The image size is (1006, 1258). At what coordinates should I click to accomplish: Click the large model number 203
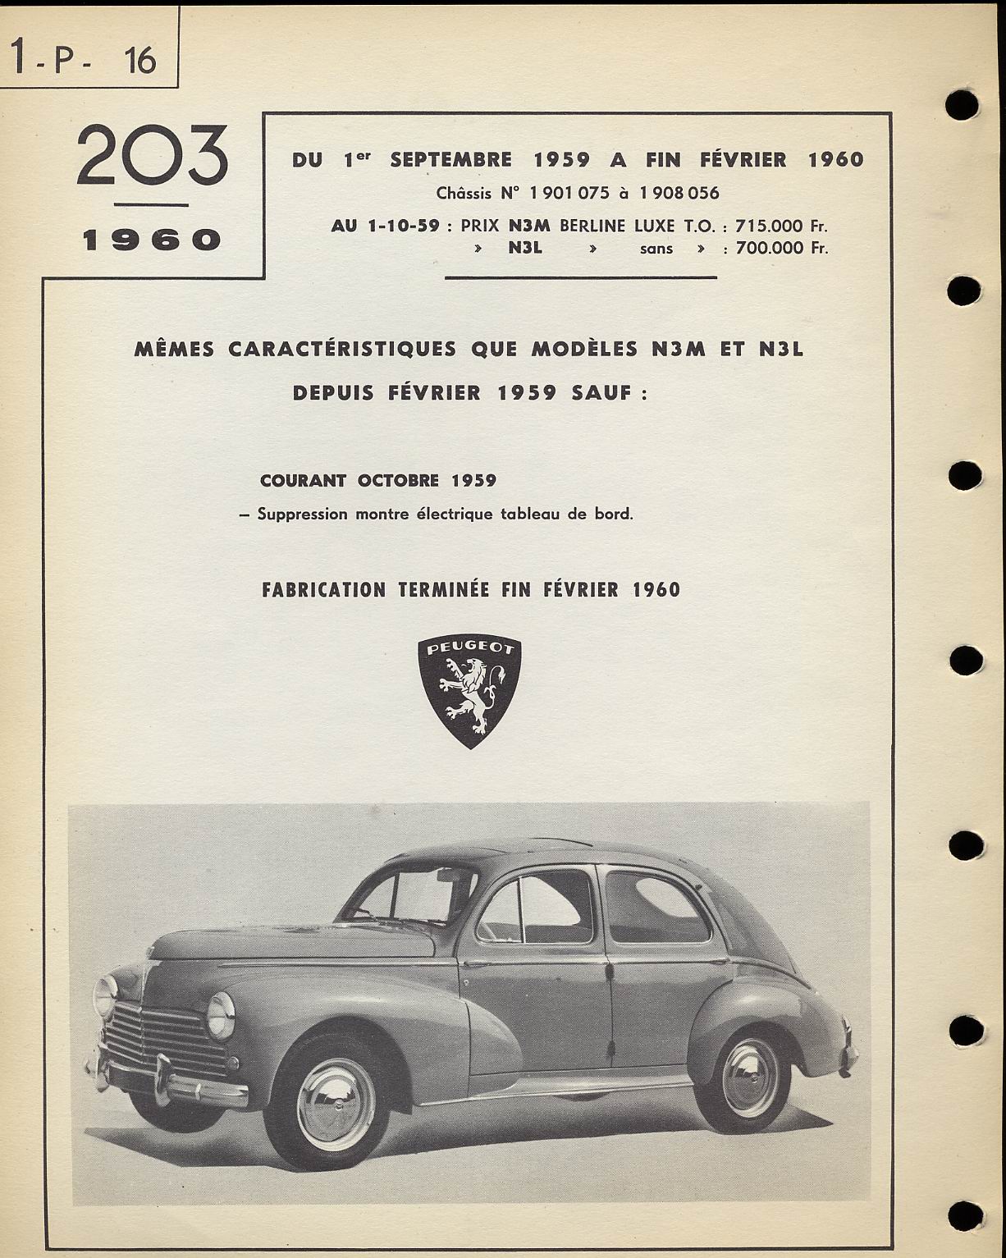[152, 155]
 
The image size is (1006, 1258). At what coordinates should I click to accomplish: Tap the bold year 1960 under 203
[152, 240]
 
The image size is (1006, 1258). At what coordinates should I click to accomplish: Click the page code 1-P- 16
[84, 60]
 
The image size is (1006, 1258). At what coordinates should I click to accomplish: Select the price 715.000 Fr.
[781, 226]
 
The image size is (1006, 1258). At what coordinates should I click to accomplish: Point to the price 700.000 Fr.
[781, 248]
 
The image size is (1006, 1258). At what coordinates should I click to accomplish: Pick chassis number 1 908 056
[679, 194]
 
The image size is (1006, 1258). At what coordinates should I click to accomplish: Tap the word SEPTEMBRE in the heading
[451, 160]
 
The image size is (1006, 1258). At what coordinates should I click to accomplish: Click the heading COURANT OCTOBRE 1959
[378, 481]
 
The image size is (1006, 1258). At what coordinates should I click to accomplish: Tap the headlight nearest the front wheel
[222, 1014]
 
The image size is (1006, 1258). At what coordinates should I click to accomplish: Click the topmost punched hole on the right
[962, 104]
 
